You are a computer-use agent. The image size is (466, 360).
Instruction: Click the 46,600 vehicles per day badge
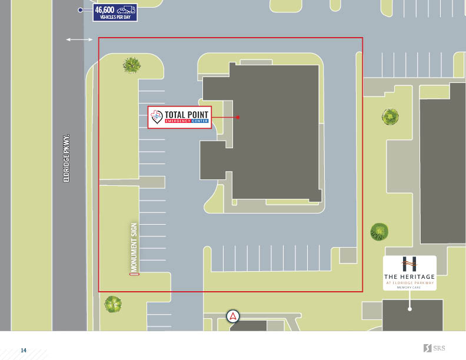115,12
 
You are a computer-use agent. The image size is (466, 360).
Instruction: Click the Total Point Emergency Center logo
178,117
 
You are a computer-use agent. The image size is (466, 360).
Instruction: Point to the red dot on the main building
238,117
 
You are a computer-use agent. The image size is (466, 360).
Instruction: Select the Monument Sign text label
134,245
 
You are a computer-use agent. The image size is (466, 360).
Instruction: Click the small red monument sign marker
134,274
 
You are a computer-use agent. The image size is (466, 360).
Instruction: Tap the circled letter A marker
234,316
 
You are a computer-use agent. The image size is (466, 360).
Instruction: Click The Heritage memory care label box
410,273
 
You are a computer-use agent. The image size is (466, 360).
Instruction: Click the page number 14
24,351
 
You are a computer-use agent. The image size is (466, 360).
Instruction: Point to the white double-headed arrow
79,39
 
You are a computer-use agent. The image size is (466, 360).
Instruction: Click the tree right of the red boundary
390,117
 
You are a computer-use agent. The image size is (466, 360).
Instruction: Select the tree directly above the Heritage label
380,232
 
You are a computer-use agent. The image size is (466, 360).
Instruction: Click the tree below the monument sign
113,304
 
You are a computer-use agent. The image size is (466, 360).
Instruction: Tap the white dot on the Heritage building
410,308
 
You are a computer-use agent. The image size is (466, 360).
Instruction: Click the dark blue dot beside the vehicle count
80,10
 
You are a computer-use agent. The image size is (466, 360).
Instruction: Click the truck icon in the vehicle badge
126,9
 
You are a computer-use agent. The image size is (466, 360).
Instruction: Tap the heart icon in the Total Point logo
156,116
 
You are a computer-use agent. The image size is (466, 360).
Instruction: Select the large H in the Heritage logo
410,264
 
